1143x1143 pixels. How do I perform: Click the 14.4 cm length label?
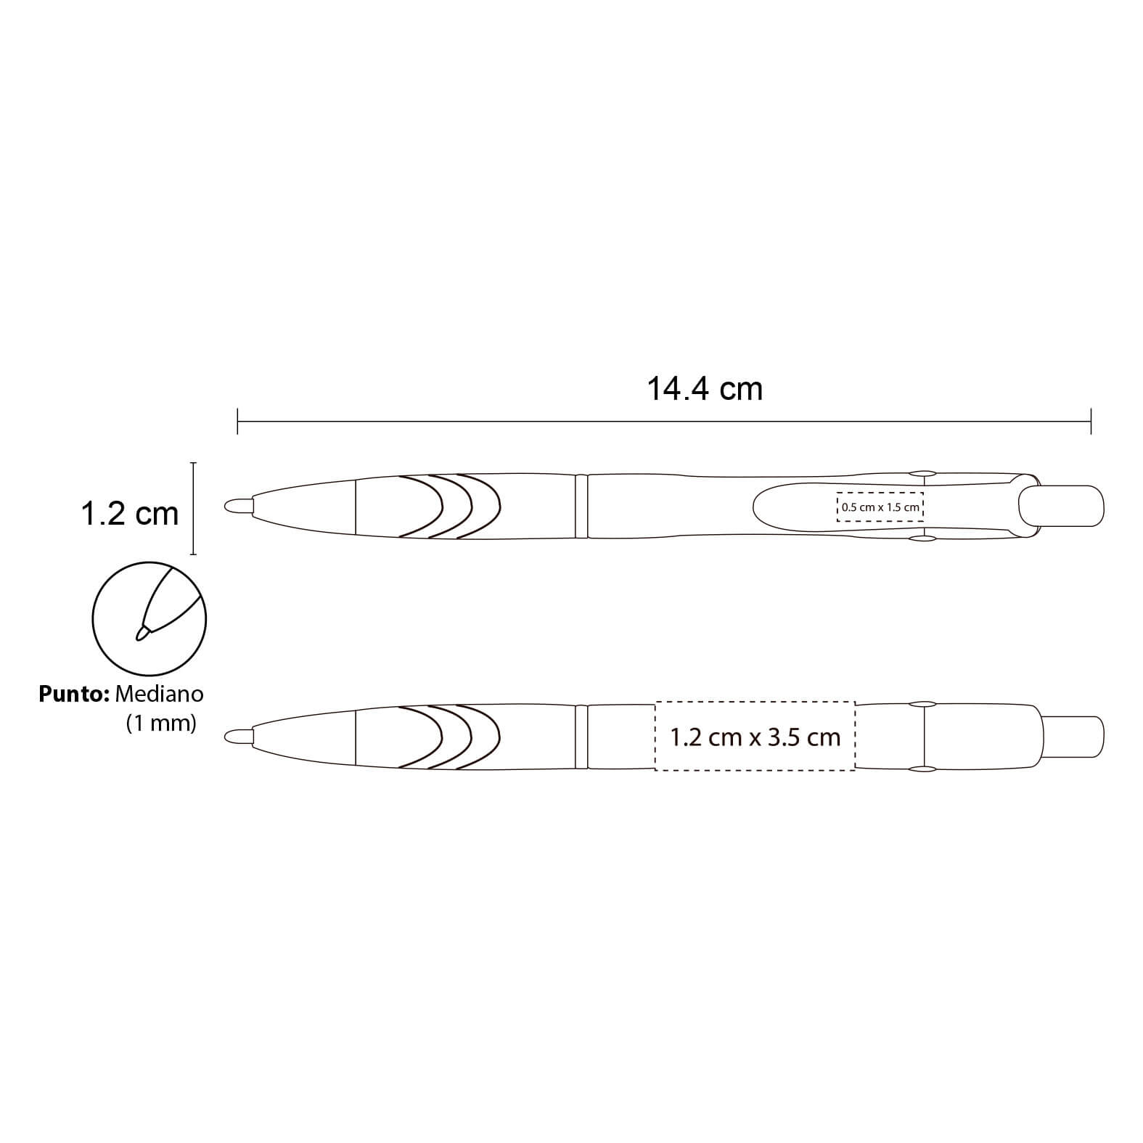(x=705, y=389)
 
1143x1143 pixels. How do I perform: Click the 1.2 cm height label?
(x=129, y=514)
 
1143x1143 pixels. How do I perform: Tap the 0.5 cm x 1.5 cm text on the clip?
(x=880, y=507)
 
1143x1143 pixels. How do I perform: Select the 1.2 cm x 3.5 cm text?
(x=755, y=737)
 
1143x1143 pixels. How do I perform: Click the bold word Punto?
(x=73, y=694)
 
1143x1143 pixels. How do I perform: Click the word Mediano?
(x=159, y=694)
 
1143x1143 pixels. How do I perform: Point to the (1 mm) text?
(x=161, y=724)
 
